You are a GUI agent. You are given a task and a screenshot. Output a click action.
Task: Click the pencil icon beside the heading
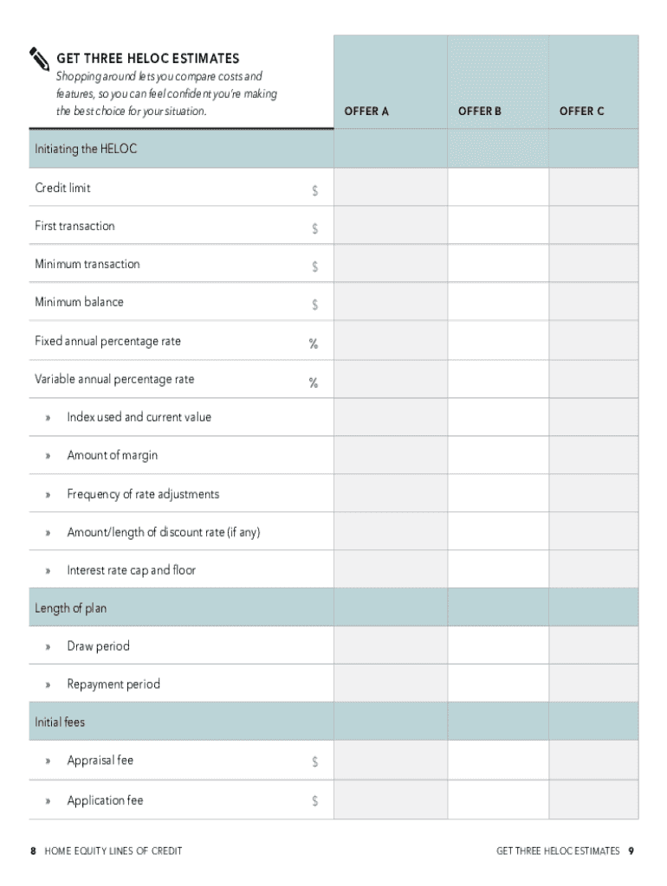tap(40, 58)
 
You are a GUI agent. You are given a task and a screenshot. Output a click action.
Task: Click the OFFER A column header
tap(366, 112)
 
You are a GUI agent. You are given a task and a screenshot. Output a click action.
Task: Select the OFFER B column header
tap(480, 112)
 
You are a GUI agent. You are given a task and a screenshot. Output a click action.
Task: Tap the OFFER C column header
tap(582, 112)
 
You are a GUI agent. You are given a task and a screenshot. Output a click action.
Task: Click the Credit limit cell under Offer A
tap(390, 187)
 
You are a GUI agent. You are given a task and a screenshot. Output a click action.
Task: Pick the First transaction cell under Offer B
tap(498, 225)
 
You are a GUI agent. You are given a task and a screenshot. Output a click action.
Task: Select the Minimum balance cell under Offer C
tap(593, 302)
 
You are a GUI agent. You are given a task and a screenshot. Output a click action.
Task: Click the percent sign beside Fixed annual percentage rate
tap(314, 343)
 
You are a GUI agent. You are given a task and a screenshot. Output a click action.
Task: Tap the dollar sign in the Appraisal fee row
tap(315, 762)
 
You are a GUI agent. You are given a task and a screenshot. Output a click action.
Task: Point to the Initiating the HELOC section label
tap(86, 149)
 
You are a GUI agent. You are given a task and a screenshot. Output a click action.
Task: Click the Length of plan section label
tap(71, 608)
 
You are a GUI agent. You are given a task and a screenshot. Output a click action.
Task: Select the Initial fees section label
tap(60, 721)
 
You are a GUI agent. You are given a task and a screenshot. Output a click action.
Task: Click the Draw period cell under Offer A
tap(390, 645)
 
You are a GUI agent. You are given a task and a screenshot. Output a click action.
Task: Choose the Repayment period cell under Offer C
tap(593, 684)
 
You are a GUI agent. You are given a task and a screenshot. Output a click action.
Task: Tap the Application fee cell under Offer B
tap(498, 799)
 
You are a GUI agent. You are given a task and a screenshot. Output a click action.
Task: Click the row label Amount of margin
tap(113, 455)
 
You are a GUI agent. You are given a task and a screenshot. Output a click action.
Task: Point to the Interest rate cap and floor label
tap(132, 570)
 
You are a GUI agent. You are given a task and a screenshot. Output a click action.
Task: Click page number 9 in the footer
tap(632, 851)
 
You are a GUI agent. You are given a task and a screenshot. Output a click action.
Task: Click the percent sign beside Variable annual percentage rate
tap(314, 382)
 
